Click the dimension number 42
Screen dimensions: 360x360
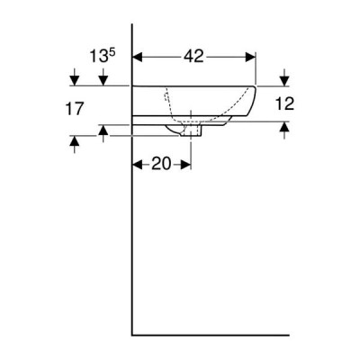[x=193, y=57]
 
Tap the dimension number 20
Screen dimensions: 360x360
[x=161, y=164]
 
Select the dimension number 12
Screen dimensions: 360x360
[x=284, y=103]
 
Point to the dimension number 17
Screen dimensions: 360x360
[x=74, y=108]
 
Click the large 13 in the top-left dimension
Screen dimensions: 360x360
[x=99, y=57]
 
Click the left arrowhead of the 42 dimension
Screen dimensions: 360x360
[x=138, y=57]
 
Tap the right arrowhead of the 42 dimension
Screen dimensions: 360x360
[x=250, y=57]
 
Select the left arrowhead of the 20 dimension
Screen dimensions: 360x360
[x=138, y=165]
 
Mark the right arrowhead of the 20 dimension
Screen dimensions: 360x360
[x=185, y=165]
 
